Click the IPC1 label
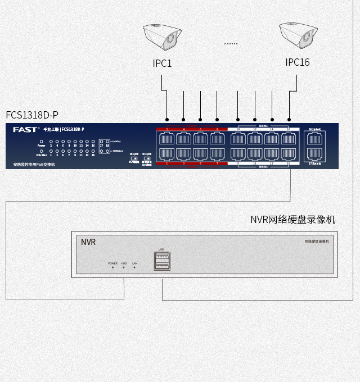162,63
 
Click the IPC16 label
297,62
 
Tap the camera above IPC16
296,36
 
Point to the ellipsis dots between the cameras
231,43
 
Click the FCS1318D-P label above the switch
32,115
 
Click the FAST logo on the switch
25,130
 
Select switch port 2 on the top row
167,139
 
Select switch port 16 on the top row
289,139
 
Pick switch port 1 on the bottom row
167,153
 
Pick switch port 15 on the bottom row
289,153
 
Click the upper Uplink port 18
315,139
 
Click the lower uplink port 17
315,153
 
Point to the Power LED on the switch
41,141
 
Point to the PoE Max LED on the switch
41,151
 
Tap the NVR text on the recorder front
88,242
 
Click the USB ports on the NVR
162,261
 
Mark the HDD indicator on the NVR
124,267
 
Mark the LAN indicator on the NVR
134,267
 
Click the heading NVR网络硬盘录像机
292,219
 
